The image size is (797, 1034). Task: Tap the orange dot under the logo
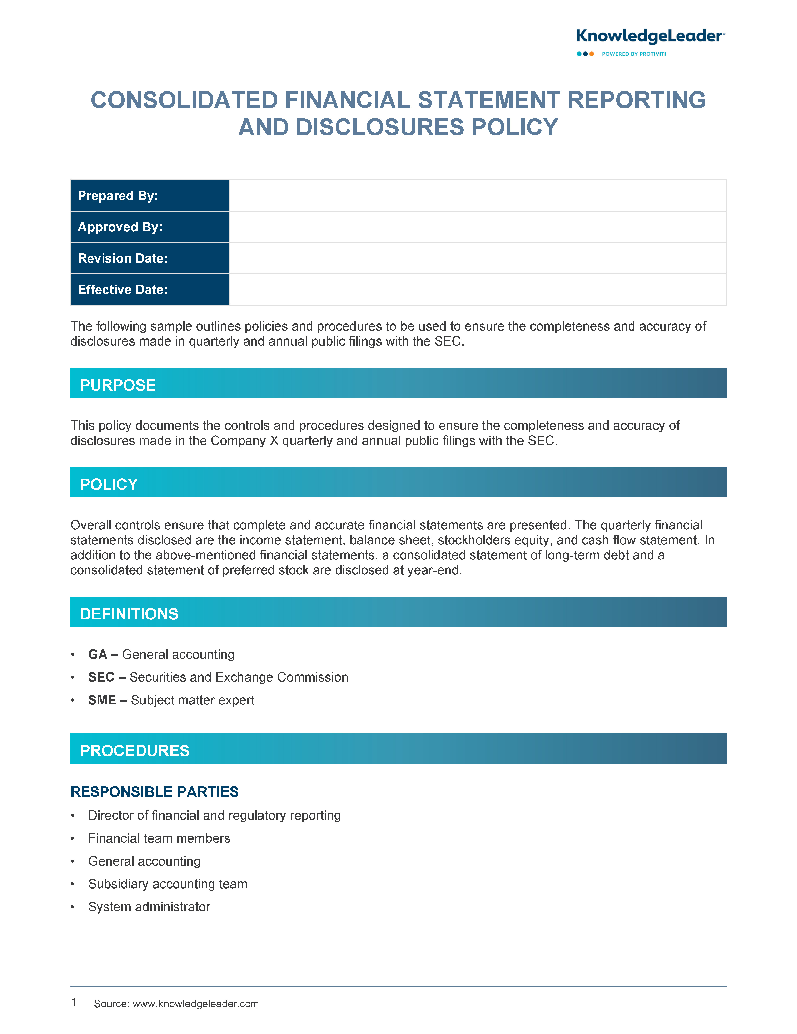[x=592, y=54]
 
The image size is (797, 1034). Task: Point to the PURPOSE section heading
[x=118, y=385]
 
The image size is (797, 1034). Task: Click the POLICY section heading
[x=109, y=484]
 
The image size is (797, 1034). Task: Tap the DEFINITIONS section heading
[x=129, y=614]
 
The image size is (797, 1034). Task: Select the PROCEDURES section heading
[x=135, y=750]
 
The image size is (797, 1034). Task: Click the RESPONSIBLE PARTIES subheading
[x=154, y=792]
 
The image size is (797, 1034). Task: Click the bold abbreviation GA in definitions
[x=98, y=654]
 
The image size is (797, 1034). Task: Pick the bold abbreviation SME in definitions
[x=102, y=700]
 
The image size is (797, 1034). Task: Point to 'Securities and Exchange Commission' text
[x=239, y=677]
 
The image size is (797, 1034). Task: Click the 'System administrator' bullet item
[x=149, y=907]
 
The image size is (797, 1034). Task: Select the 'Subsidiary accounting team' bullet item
[x=168, y=884]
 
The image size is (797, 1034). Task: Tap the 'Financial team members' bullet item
[x=159, y=838]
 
